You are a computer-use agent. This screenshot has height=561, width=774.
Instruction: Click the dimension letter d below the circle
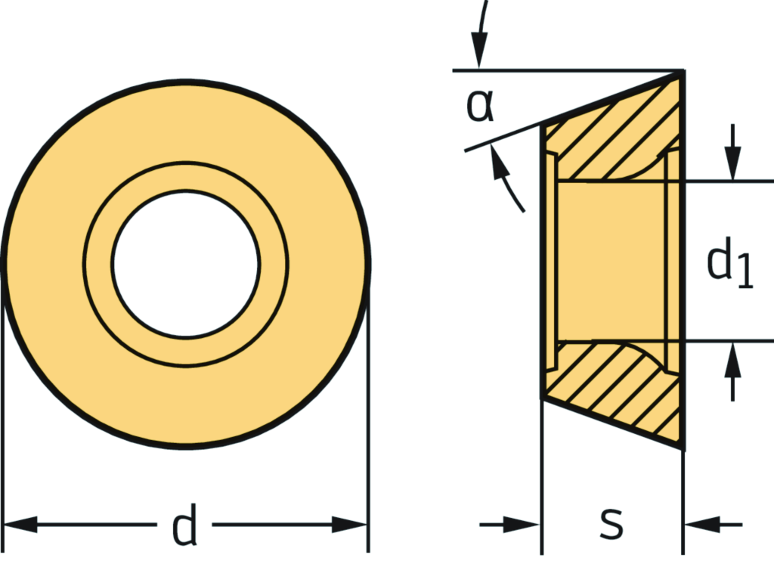pyautogui.click(x=185, y=526)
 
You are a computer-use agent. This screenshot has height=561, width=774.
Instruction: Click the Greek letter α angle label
pyautogui.click(x=479, y=107)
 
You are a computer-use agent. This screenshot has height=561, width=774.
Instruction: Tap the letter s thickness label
pyautogui.click(x=611, y=523)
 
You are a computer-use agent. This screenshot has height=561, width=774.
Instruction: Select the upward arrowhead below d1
pyautogui.click(x=732, y=356)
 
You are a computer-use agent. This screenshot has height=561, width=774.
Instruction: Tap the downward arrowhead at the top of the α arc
pyautogui.click(x=478, y=57)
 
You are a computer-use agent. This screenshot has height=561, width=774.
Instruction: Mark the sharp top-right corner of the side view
pyautogui.click(x=683, y=71)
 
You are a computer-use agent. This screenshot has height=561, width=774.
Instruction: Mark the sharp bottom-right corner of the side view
pyautogui.click(x=683, y=448)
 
